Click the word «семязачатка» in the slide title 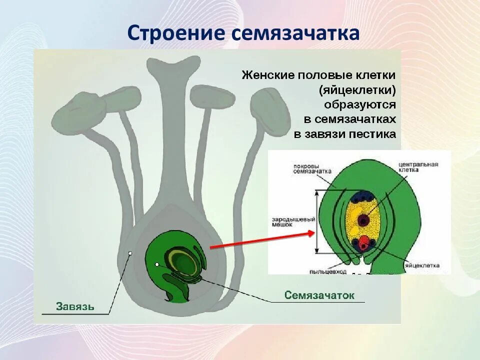[295, 33]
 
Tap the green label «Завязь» [75, 305]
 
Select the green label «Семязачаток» [319, 295]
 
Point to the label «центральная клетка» [419, 166]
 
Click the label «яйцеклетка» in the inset [423, 265]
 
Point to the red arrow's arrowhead [311, 232]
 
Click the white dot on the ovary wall [130, 253]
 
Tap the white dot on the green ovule [157, 264]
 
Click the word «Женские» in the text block [267, 75]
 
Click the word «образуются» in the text [359, 104]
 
